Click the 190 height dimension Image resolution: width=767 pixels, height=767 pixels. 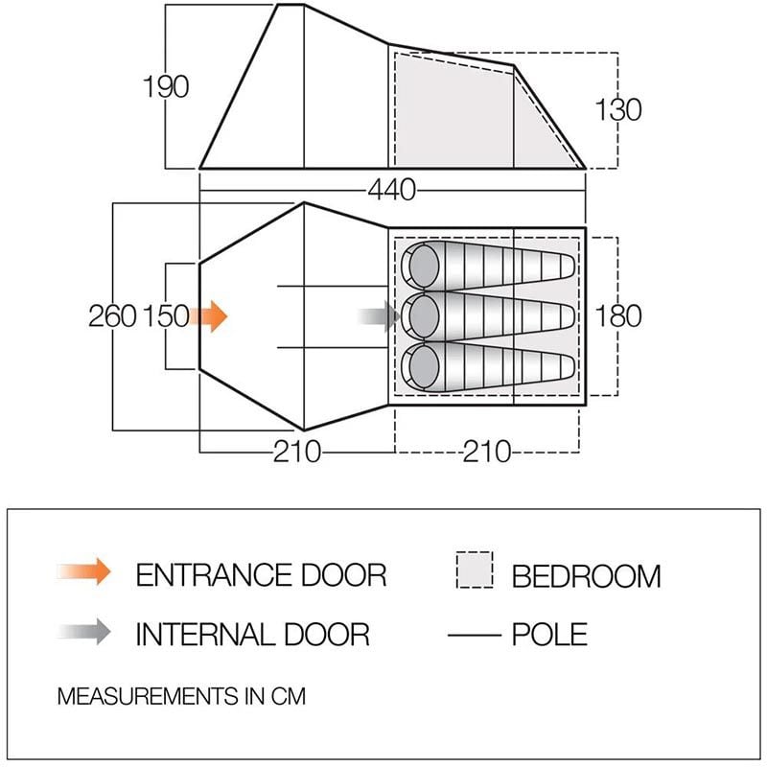(x=165, y=87)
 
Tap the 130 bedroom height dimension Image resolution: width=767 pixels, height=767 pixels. (x=617, y=109)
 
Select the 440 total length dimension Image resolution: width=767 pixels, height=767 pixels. (x=391, y=190)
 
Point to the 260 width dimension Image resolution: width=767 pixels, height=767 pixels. (x=112, y=316)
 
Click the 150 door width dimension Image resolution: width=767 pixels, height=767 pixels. (x=166, y=316)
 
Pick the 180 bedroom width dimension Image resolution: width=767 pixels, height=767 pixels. (x=617, y=316)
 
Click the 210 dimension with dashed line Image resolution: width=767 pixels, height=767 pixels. (x=487, y=452)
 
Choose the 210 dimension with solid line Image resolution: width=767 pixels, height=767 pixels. (x=297, y=452)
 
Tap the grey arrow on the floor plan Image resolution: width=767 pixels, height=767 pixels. (x=378, y=316)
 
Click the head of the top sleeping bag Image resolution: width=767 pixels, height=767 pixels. (x=424, y=267)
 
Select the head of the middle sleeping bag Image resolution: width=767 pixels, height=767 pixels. (x=424, y=316)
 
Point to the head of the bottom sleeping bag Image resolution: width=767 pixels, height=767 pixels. (x=424, y=366)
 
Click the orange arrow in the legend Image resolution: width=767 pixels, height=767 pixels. (x=84, y=571)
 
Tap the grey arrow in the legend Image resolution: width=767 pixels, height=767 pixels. (x=84, y=632)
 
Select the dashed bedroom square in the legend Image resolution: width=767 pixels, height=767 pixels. (x=474, y=569)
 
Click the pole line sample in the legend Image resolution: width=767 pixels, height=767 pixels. (x=475, y=636)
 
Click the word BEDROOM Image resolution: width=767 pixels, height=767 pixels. (x=586, y=576)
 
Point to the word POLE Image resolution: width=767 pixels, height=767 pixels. (x=549, y=635)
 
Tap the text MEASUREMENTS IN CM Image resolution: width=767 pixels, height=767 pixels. (x=181, y=696)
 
